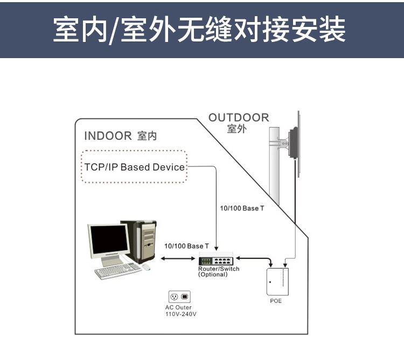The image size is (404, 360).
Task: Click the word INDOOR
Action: (x=108, y=136)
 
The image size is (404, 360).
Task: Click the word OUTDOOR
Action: (x=238, y=118)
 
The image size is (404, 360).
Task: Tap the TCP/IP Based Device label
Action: (x=134, y=167)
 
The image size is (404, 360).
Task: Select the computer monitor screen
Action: (x=109, y=242)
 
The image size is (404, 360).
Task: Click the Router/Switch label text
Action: (x=219, y=269)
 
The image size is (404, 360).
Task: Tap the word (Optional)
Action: (x=213, y=274)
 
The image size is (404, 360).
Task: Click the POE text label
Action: (x=276, y=301)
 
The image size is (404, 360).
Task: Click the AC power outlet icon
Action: (x=179, y=297)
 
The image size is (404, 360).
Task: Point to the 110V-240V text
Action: (x=180, y=313)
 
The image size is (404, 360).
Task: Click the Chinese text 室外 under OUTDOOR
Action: (x=236, y=129)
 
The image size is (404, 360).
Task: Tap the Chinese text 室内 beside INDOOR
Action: (x=147, y=136)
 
